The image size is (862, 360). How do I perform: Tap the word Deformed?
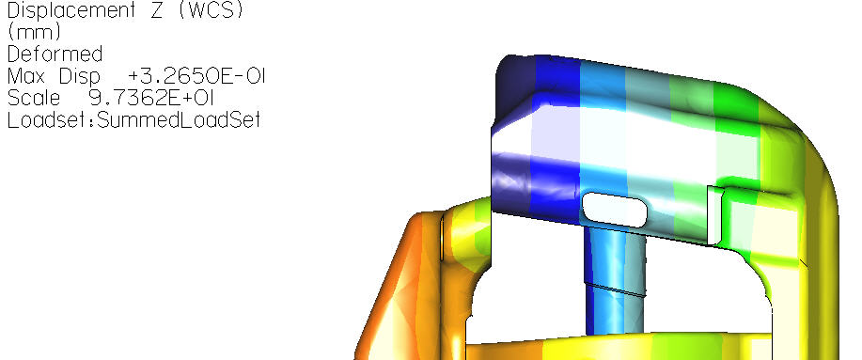click(55, 55)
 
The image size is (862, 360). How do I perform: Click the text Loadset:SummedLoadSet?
click(133, 119)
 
